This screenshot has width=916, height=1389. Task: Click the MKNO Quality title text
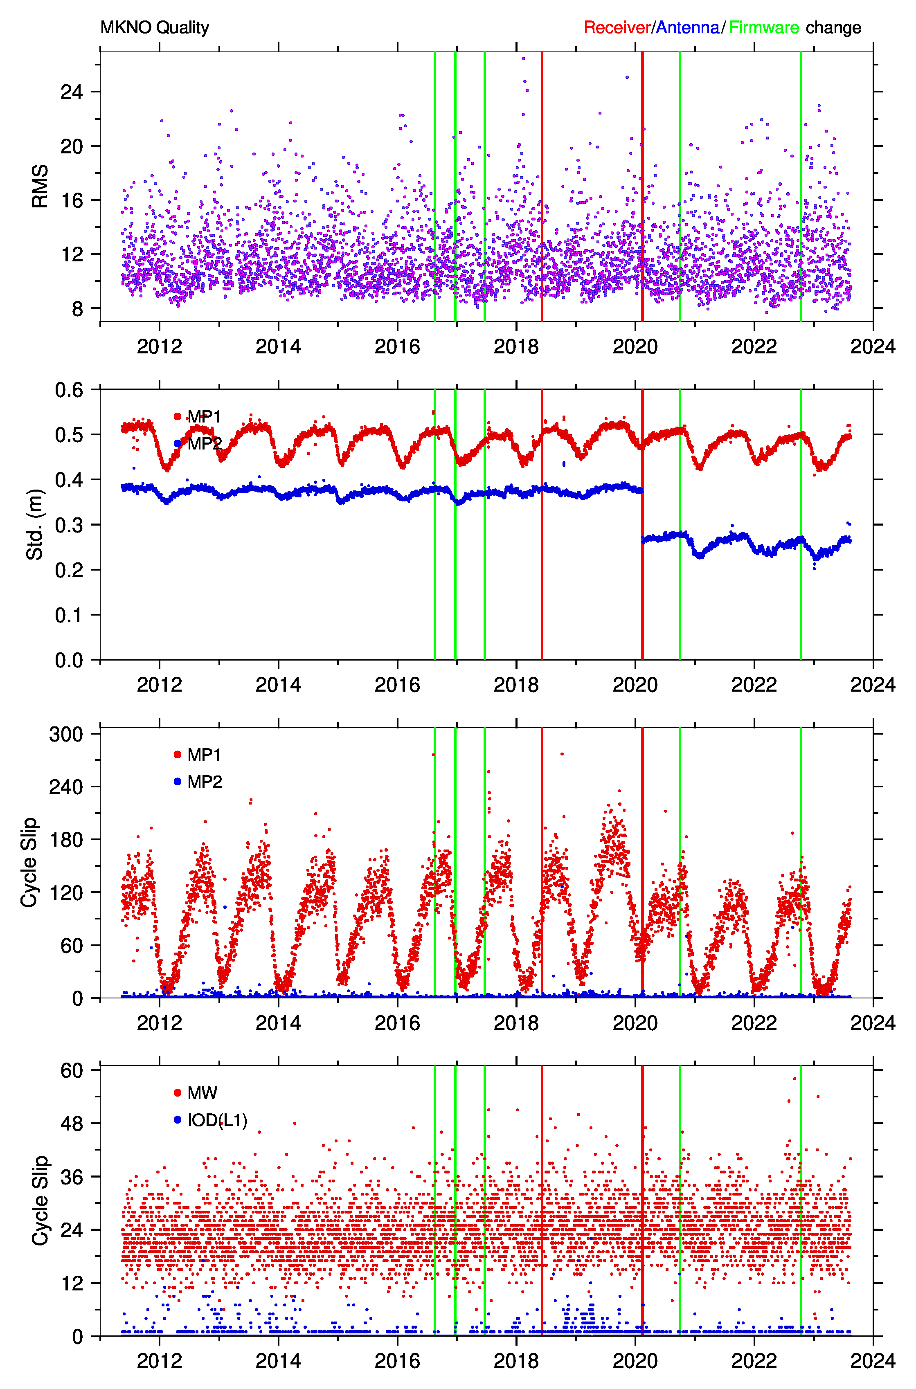coord(154,27)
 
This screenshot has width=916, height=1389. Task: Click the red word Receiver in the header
coord(617,27)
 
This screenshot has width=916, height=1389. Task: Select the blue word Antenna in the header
coord(688,27)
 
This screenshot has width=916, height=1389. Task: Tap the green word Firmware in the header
coord(763,27)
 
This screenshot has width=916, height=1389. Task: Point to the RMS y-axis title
coord(40,186)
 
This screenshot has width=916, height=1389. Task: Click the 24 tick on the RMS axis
coord(71,92)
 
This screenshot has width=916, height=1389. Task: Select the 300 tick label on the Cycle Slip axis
coord(66,734)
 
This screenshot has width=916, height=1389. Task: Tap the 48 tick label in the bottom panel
coord(71,1123)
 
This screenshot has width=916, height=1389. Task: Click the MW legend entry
coord(202,1093)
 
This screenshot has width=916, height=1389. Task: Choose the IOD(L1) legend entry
coord(217,1120)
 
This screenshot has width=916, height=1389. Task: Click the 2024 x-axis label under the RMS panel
coord(873,346)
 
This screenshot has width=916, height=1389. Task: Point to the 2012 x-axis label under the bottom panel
coord(160,1360)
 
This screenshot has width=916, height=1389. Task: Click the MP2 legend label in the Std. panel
coord(205,444)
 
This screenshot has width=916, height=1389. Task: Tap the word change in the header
coord(834,27)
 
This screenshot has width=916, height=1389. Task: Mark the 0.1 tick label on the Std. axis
coord(69,615)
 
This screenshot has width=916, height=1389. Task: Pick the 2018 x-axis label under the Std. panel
coord(516,684)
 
